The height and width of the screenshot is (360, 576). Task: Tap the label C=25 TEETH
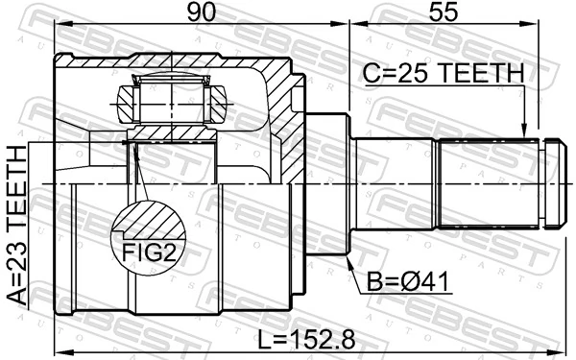click(443, 73)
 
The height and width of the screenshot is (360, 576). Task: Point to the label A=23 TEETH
click(16, 226)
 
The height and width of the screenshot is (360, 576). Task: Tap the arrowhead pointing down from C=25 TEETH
click(523, 132)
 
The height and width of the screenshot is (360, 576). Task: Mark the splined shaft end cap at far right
click(554, 182)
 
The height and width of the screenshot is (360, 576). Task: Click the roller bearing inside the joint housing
click(172, 98)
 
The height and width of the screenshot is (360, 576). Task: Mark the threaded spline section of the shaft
click(490, 182)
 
